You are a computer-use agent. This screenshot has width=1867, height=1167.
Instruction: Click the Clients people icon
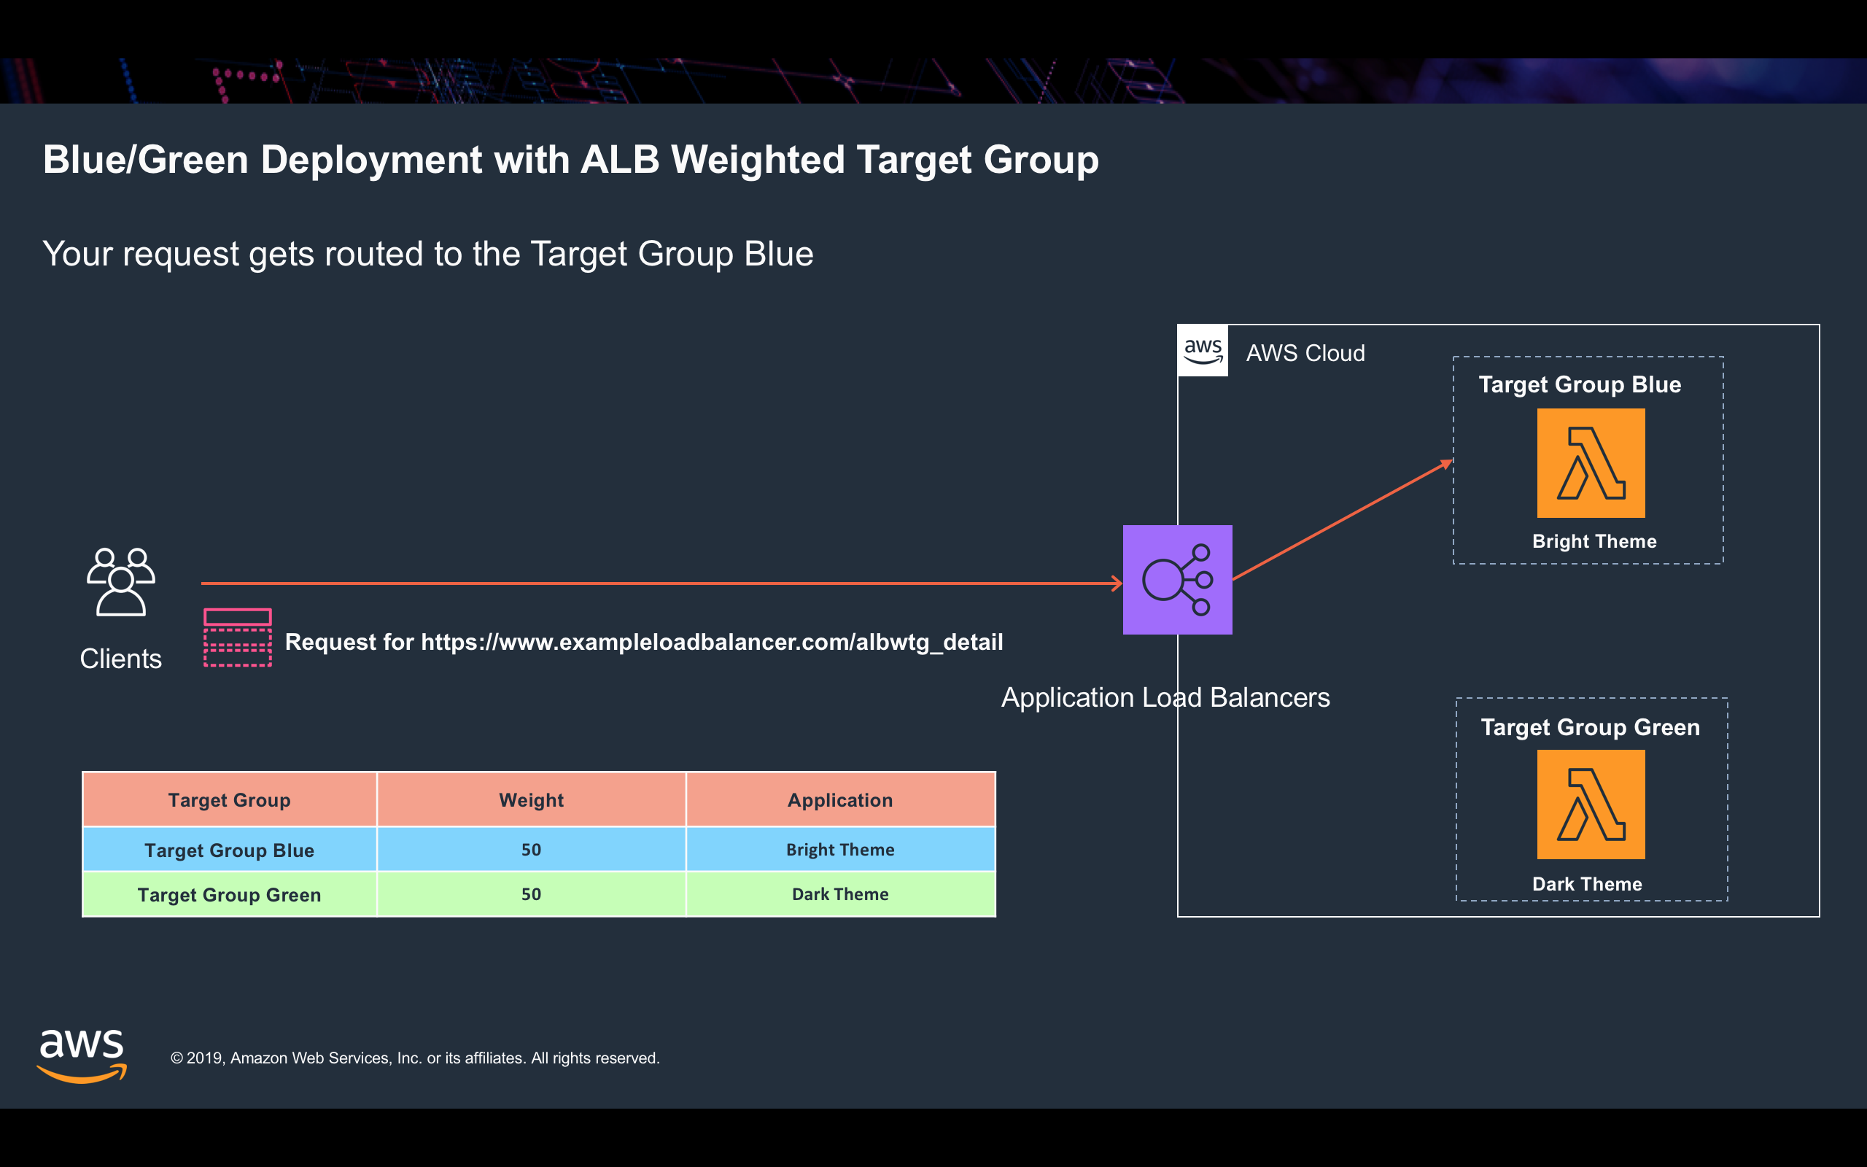[121, 582]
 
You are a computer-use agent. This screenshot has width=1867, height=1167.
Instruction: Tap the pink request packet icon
[238, 637]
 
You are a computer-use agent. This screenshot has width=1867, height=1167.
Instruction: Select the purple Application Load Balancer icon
[1177, 580]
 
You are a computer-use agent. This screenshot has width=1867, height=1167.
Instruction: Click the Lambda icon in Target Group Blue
[1591, 463]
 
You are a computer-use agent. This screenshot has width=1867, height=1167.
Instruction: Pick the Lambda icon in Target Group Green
[1591, 805]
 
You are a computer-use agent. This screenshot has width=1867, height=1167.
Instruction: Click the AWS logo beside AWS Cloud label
[1203, 351]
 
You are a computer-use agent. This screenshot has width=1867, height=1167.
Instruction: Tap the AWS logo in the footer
[82, 1056]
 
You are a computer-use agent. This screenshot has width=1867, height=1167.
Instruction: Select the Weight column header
[532, 799]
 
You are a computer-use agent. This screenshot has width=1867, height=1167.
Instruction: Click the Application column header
[840, 799]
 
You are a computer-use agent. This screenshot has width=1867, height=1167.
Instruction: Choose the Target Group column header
[230, 799]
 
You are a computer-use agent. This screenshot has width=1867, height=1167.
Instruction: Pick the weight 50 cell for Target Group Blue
[532, 849]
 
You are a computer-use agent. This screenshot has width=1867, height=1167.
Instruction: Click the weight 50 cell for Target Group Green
[532, 893]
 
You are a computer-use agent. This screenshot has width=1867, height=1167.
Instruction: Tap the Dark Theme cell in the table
[840, 893]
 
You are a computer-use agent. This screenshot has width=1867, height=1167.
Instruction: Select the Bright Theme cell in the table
[840, 849]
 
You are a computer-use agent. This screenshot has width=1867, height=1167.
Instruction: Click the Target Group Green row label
[229, 894]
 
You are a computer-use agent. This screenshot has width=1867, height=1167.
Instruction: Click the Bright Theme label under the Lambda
[1594, 541]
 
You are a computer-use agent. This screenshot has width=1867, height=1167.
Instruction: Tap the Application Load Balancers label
[1165, 698]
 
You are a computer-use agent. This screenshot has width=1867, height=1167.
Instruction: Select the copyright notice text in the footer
[415, 1058]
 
